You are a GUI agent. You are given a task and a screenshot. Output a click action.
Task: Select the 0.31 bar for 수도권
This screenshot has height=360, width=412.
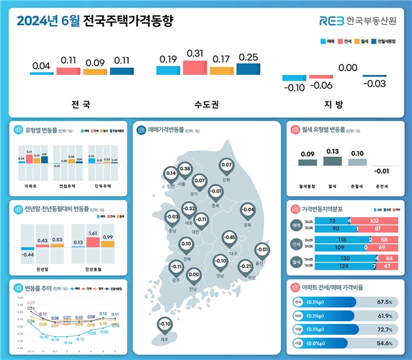(195, 67)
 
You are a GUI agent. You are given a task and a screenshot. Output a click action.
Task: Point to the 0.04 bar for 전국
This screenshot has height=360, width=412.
(42, 73)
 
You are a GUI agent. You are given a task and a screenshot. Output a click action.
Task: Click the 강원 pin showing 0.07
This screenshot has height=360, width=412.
(227, 166)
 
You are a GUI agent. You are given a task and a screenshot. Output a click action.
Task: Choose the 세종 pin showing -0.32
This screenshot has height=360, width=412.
(190, 210)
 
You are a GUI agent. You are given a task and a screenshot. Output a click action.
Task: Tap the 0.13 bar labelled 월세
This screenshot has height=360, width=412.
(332, 162)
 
